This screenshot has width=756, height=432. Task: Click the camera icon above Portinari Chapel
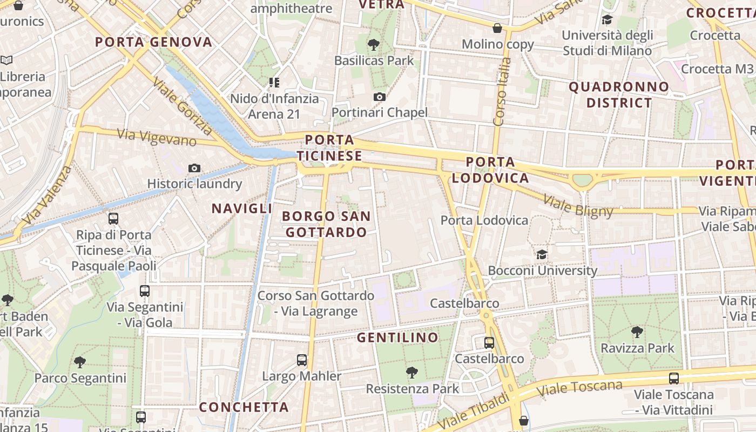pyautogui.click(x=380, y=97)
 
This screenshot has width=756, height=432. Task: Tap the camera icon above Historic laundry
pyautogui.click(x=194, y=168)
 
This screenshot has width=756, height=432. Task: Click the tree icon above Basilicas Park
pyautogui.click(x=373, y=45)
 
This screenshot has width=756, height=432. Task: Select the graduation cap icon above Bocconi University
pyautogui.click(x=542, y=254)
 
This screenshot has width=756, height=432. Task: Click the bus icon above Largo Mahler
pyautogui.click(x=302, y=360)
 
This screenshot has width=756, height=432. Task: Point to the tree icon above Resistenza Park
pyautogui.click(x=412, y=373)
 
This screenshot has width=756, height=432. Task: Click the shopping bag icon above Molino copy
pyautogui.click(x=497, y=28)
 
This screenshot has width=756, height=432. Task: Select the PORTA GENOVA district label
pyautogui.click(x=154, y=42)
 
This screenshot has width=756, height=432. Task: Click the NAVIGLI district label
pyautogui.click(x=242, y=208)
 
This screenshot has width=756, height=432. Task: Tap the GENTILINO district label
pyautogui.click(x=397, y=338)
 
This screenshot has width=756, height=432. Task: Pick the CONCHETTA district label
pyautogui.click(x=244, y=407)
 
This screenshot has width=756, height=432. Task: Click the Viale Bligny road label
pyautogui.click(x=578, y=206)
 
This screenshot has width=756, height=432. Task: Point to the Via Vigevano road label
pyautogui.click(x=156, y=138)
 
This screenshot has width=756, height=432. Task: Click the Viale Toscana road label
pyautogui.click(x=580, y=388)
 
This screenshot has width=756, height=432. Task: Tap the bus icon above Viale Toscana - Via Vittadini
pyautogui.click(x=673, y=379)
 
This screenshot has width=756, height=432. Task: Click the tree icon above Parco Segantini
pyautogui.click(x=80, y=362)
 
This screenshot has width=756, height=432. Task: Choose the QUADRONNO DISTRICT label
pyautogui.click(x=619, y=94)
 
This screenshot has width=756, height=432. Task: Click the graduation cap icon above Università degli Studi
pyautogui.click(x=607, y=20)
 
